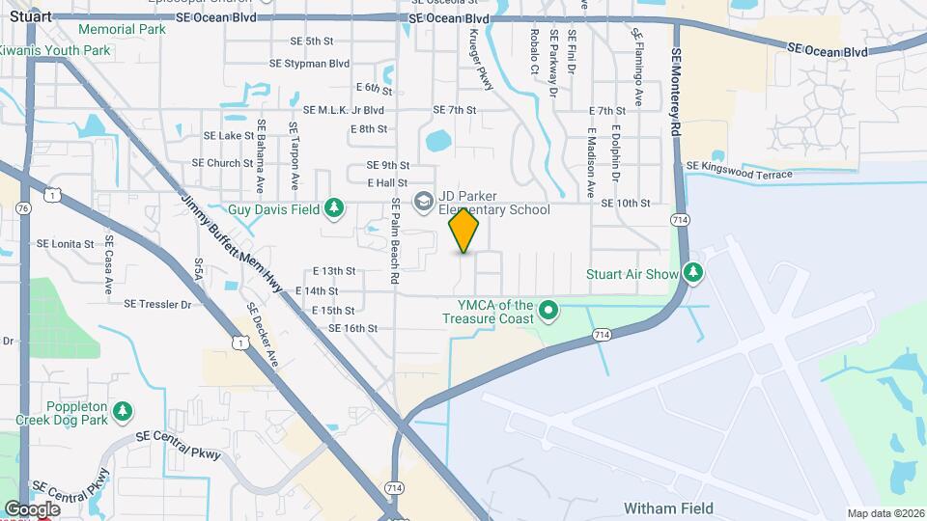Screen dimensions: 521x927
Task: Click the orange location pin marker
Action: [x=464, y=231]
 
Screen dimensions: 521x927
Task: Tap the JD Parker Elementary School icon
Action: [x=422, y=201]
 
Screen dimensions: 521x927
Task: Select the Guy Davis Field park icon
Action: [x=334, y=208]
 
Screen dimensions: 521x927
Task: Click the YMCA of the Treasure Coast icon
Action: [x=548, y=311]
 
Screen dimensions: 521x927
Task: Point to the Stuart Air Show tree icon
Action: [x=692, y=273]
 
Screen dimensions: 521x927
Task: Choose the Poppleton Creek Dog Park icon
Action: [x=122, y=412]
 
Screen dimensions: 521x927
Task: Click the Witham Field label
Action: [x=668, y=508]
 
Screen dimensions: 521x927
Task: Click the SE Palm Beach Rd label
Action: [x=396, y=241]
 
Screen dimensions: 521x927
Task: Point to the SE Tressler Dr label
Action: [x=158, y=304]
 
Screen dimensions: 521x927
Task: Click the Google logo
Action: [x=32, y=508]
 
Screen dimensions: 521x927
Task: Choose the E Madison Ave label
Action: [x=590, y=153]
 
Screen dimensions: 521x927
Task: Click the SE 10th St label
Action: [x=626, y=203]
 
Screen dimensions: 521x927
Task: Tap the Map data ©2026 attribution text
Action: [x=885, y=513]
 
